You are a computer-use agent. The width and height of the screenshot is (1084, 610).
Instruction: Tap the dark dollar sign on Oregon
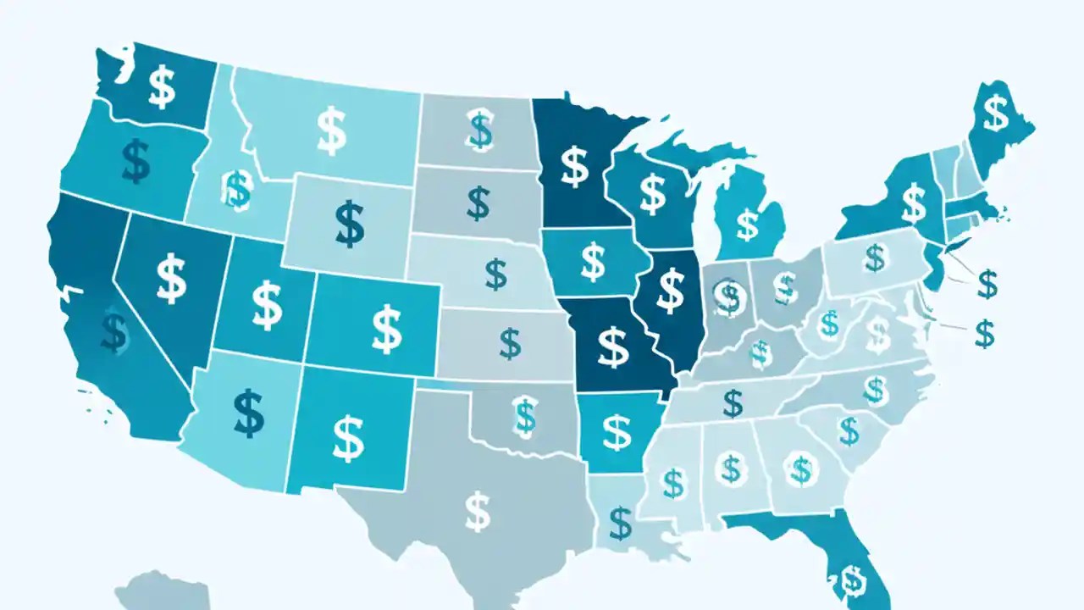[x=135, y=162]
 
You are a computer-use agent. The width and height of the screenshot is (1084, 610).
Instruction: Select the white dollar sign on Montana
[x=330, y=130]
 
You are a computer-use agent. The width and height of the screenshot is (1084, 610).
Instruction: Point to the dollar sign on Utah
[x=267, y=306]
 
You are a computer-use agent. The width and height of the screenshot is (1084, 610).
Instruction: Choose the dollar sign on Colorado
[x=386, y=330]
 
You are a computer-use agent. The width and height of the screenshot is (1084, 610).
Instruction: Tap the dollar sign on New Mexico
[x=348, y=436]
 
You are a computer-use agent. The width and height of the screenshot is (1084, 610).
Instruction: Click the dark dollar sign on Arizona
[x=248, y=413]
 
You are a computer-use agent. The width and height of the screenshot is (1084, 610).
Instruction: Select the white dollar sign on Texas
[x=478, y=511]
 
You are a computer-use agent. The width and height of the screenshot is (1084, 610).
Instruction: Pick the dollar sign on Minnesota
[x=574, y=166]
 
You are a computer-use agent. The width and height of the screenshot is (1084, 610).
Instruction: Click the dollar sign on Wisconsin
[x=652, y=192]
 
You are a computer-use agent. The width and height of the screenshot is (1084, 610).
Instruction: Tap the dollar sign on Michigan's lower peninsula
[x=746, y=224]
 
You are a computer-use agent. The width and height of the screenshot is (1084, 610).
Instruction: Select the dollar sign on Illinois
[x=671, y=289]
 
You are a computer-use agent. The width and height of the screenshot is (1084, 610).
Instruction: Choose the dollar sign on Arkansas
[x=616, y=432]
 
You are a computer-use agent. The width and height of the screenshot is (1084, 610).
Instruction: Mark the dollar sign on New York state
[x=913, y=202]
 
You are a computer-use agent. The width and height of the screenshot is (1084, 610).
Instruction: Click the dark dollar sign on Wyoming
[x=349, y=223]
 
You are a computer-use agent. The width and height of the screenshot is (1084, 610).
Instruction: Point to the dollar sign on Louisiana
[x=621, y=523]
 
